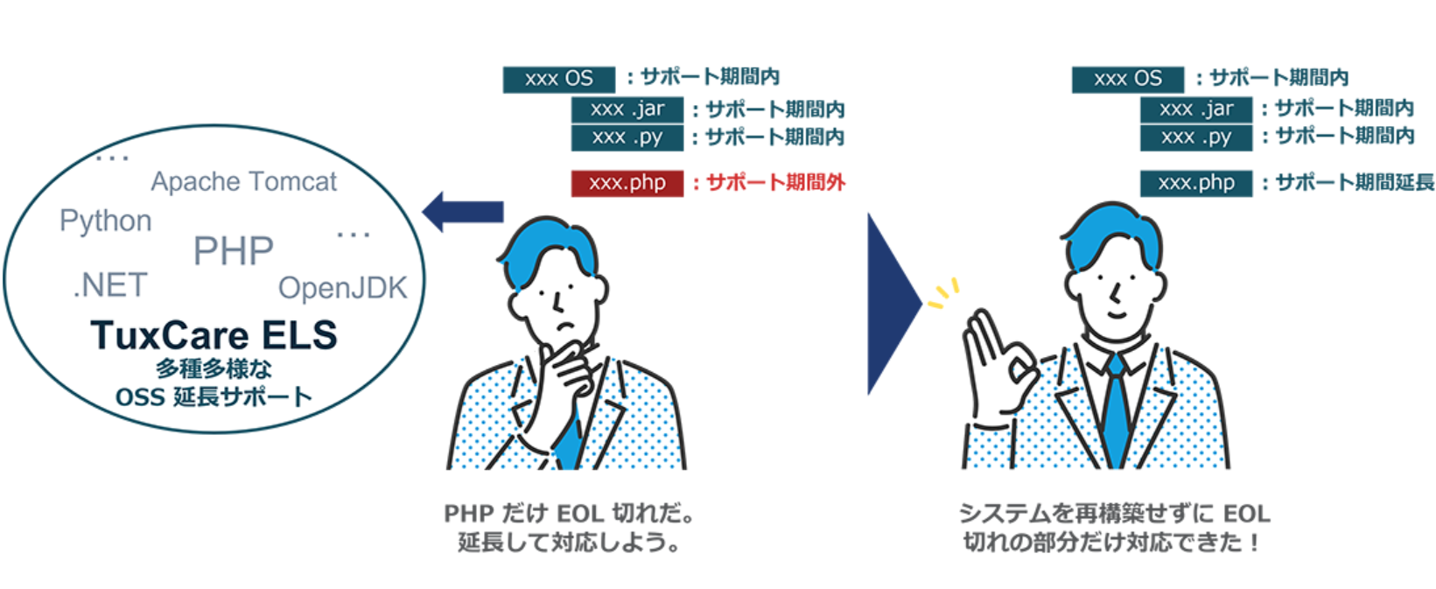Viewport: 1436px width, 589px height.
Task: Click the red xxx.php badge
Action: pyautogui.click(x=627, y=183)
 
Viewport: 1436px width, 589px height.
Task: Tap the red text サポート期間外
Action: pyautogui.click(x=774, y=182)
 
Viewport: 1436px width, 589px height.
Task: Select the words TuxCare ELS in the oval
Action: pyautogui.click(x=214, y=335)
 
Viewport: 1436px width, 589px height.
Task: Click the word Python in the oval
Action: pyautogui.click(x=106, y=221)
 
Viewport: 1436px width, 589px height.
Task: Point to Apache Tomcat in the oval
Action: pyautogui.click(x=243, y=181)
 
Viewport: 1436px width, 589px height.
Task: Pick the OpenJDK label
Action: pyautogui.click(x=342, y=288)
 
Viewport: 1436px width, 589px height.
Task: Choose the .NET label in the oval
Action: pyautogui.click(x=110, y=285)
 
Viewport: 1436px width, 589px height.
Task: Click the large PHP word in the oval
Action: pyautogui.click(x=233, y=251)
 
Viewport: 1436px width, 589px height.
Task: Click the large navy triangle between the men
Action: pyautogui.click(x=891, y=304)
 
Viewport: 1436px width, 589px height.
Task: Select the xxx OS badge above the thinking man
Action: pyautogui.click(x=558, y=79)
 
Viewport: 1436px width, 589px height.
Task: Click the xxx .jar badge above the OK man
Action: pyautogui.click(x=1195, y=109)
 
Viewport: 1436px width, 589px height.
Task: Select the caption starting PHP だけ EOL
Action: pyautogui.click(x=568, y=528)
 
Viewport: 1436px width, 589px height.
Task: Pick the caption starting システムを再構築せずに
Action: pyautogui.click(x=1114, y=528)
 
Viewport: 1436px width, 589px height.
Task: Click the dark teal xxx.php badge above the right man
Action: pyautogui.click(x=1195, y=183)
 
